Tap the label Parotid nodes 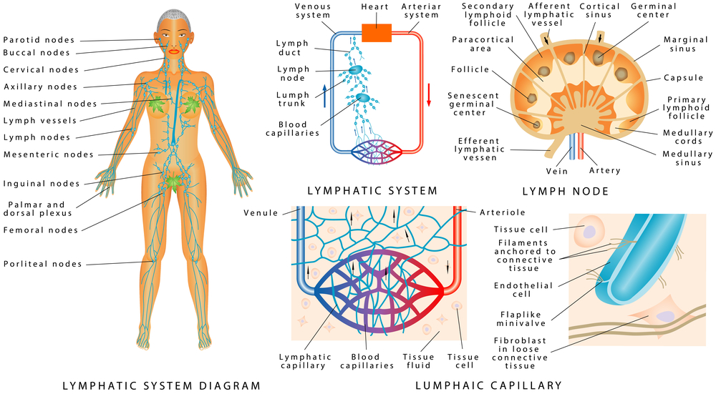(39, 39)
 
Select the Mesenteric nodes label (49, 154)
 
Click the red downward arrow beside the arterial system (429, 94)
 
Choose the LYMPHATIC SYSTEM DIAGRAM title (161, 386)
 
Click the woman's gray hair (170, 15)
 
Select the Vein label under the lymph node (557, 171)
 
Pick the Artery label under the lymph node (604, 171)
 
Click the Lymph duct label (293, 48)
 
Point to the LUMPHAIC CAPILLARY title (488, 386)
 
